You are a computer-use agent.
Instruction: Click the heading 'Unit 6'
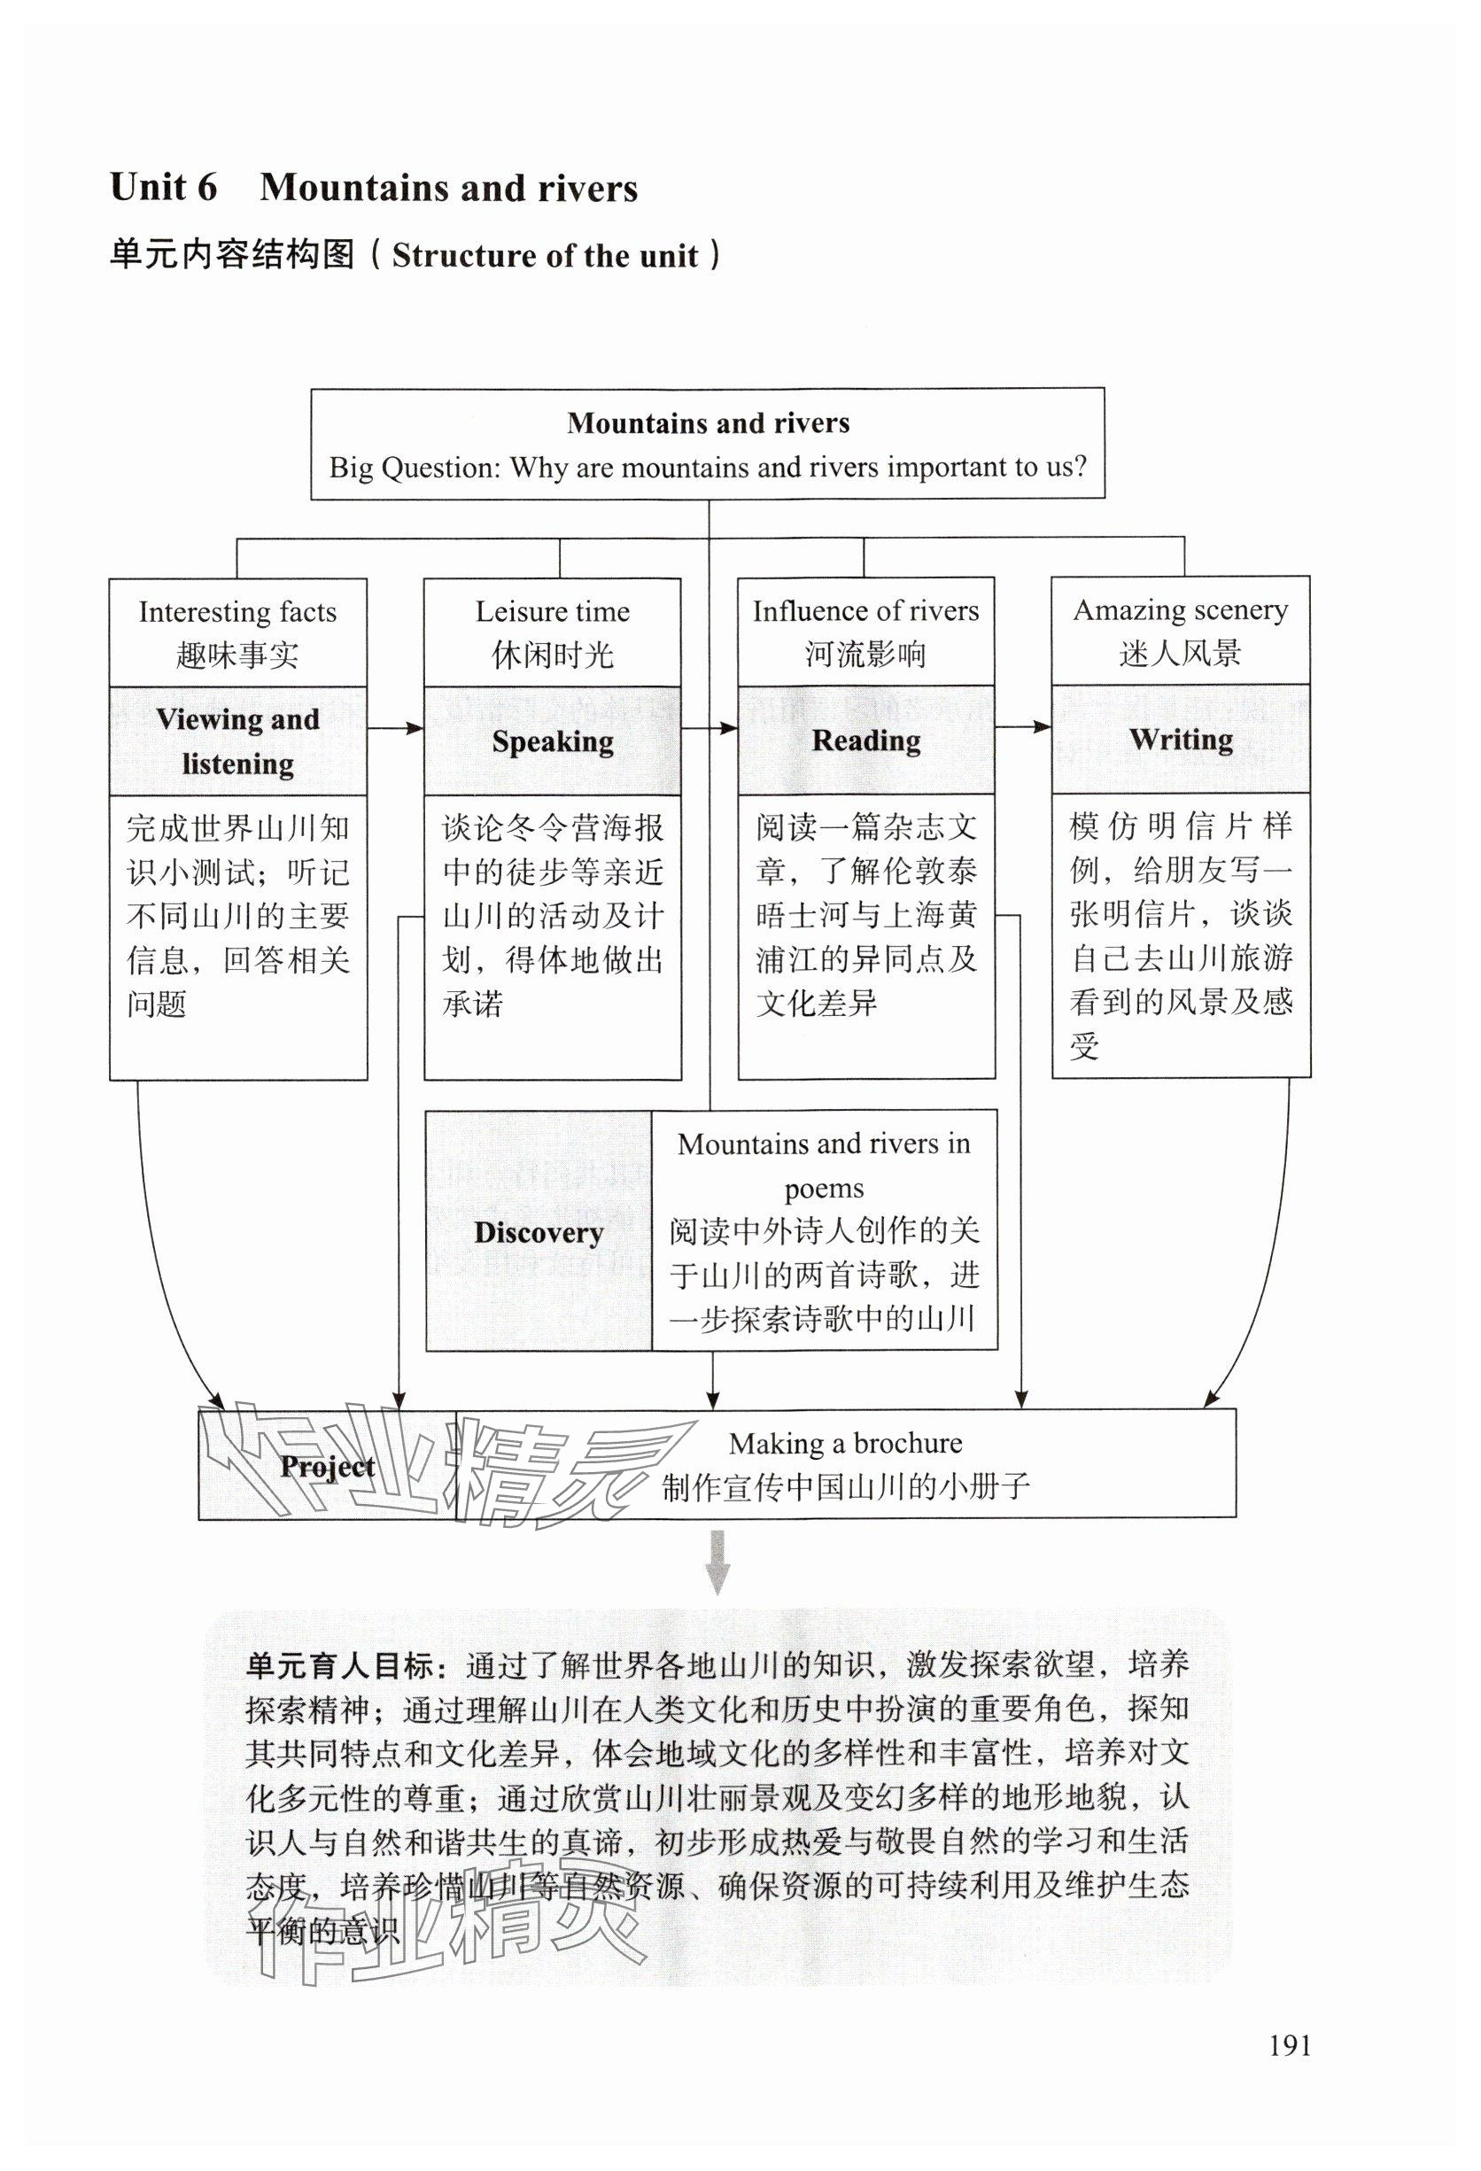pos(164,188)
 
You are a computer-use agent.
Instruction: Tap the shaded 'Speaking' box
pos(552,740)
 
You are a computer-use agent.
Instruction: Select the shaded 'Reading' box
pos(865,740)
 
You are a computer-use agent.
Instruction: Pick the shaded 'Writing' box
pos(1180,739)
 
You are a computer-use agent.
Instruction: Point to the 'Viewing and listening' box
pos(237,740)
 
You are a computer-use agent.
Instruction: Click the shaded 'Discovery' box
pos(539,1231)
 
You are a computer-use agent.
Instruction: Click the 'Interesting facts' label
pos(237,612)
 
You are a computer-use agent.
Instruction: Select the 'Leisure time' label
pos(552,612)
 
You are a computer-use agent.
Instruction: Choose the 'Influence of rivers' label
pos(865,611)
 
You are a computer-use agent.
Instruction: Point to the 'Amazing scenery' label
pos(1180,610)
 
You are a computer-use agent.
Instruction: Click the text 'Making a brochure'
pos(845,1443)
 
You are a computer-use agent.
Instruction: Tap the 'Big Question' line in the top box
pos(708,467)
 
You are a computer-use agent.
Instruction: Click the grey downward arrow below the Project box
pos(717,1562)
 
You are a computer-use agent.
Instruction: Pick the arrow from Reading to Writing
pos(1023,727)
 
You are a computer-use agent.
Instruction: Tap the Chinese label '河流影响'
pos(865,654)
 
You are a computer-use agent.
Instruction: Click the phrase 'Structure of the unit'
pos(545,256)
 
